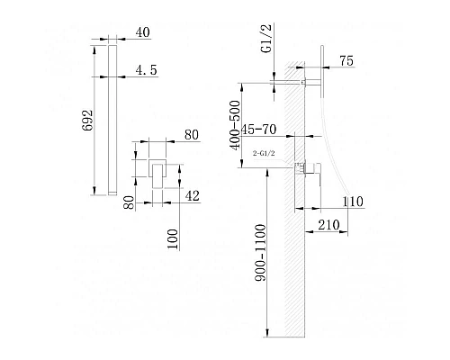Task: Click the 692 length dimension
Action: tap(87, 121)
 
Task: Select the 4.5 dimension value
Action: tap(146, 70)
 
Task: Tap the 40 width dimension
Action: tap(142, 32)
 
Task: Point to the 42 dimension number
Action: tap(192, 196)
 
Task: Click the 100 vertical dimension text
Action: tap(173, 239)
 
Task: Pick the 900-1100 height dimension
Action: tap(260, 253)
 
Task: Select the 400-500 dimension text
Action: tap(235, 125)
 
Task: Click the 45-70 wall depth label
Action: tap(258, 130)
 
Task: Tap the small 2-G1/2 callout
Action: tap(264, 153)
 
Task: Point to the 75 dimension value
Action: tap(346, 61)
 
